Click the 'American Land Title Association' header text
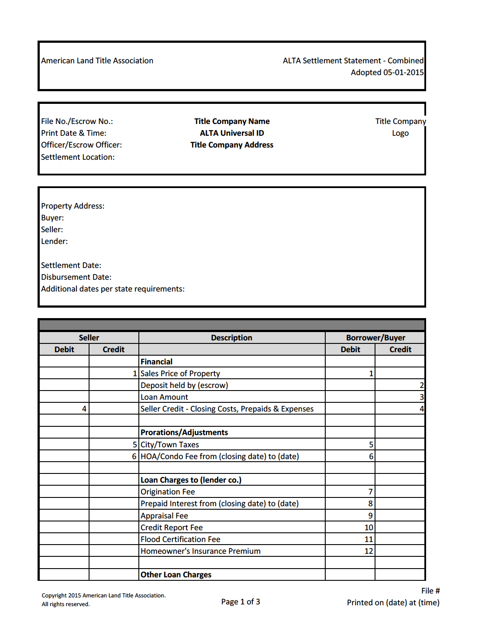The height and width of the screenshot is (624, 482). click(97, 61)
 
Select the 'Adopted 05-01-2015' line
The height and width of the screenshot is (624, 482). click(387, 72)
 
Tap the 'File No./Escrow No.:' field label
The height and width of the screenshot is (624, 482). click(77, 121)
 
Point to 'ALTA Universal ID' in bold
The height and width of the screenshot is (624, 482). click(232, 133)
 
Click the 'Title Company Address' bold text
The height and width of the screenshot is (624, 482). click(232, 145)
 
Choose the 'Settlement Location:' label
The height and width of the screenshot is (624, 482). click(78, 157)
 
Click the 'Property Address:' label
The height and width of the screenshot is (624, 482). click(72, 206)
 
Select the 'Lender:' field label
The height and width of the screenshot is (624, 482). click(54, 241)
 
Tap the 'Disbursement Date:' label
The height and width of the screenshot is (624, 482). click(76, 277)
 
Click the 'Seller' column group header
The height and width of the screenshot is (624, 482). click(89, 338)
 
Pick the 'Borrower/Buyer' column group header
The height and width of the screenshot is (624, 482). click(375, 338)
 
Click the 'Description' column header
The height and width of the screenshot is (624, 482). click(231, 338)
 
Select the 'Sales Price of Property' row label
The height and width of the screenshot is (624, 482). click(180, 374)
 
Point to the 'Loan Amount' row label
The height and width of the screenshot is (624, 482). click(164, 397)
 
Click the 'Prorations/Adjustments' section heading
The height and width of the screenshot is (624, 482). click(184, 432)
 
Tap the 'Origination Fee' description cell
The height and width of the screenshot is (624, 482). click(168, 492)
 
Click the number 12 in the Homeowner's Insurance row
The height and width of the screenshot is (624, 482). click(368, 551)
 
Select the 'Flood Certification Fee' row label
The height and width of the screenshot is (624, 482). click(180, 539)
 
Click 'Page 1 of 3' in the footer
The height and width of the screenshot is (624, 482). click(241, 602)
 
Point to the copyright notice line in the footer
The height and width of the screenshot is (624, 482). click(103, 596)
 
